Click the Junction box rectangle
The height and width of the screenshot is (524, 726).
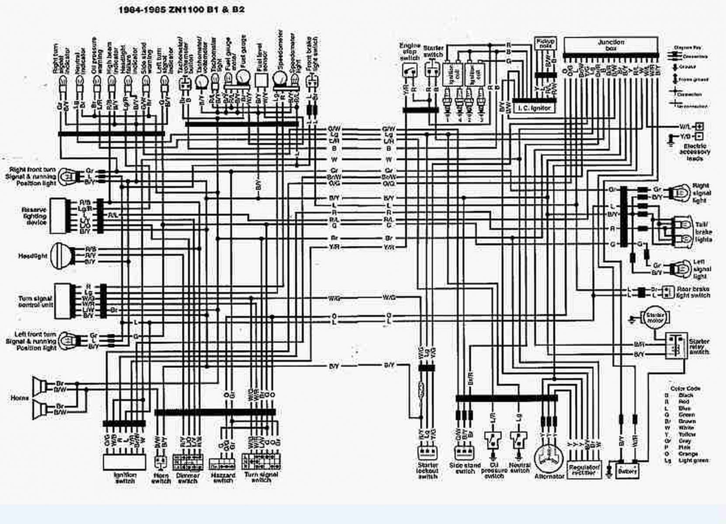click(610, 45)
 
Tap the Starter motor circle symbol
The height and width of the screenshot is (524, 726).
click(654, 317)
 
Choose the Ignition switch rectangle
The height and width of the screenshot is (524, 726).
click(125, 462)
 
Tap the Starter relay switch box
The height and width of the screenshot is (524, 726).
click(676, 345)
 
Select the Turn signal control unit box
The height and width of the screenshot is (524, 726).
click(64, 300)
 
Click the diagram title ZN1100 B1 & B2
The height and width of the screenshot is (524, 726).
click(181, 9)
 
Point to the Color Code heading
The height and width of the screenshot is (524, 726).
click(684, 388)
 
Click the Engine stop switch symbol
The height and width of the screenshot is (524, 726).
click(409, 70)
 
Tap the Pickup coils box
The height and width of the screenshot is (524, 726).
click(545, 43)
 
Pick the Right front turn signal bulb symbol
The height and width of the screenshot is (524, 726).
click(68, 176)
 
